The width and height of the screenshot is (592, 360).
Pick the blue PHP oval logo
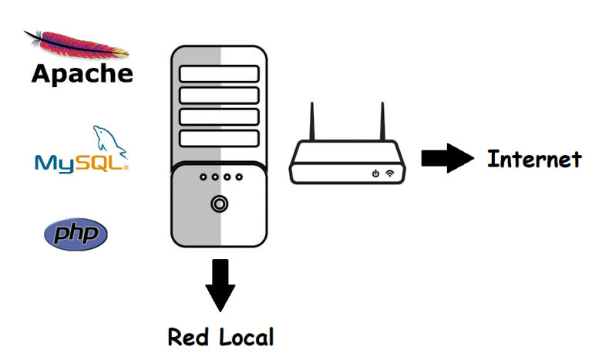[76, 234]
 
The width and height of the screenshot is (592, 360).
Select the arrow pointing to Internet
[446, 160]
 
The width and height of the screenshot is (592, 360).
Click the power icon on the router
[375, 173]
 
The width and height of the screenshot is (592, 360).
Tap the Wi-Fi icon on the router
[390, 173]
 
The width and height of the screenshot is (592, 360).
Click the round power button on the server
[218, 204]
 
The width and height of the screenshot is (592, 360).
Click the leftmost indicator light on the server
[202, 177]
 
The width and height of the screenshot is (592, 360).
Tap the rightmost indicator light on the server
[239, 177]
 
